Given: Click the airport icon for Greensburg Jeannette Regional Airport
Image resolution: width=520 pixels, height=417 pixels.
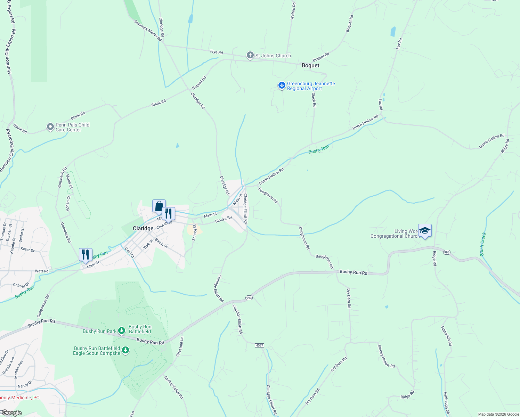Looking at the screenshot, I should [x=282, y=85].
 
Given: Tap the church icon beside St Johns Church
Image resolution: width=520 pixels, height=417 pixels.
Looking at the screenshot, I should [x=250, y=55].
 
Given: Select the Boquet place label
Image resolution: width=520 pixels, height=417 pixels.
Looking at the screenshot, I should [x=310, y=65].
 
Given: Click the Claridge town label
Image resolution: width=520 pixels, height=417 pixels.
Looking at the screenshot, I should [x=143, y=228].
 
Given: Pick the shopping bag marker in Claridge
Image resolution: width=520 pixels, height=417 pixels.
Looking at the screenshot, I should [x=159, y=206].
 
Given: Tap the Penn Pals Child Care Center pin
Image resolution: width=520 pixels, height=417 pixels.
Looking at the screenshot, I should [x=50, y=127].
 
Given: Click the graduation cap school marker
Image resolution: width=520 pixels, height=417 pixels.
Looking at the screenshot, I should [x=425, y=230].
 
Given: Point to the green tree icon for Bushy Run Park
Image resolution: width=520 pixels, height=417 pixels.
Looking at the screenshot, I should [x=121, y=330].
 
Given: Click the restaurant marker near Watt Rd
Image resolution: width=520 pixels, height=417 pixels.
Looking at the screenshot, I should [x=86, y=255].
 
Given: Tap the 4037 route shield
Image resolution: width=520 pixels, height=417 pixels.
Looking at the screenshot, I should [x=259, y=345].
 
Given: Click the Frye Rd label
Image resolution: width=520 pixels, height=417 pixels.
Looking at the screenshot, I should [x=216, y=52].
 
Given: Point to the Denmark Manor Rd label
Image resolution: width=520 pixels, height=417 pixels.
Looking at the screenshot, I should [x=148, y=31].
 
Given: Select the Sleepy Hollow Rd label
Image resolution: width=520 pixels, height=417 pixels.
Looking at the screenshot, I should [x=386, y=356].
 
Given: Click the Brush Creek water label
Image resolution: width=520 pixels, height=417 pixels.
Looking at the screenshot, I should [x=482, y=244].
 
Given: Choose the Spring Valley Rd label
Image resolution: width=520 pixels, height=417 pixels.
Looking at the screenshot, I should [x=173, y=387].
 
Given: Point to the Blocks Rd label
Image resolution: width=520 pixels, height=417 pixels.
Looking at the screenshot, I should [x=223, y=220].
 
